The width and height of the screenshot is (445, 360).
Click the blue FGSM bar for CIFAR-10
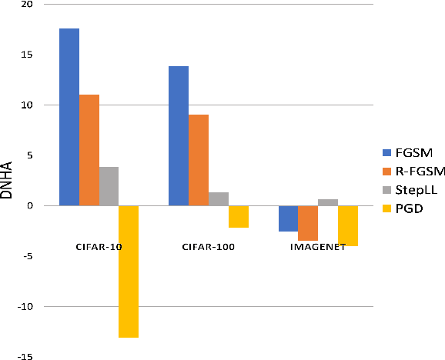tap(69, 117)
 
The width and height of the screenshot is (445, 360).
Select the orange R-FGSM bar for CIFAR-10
tap(89, 150)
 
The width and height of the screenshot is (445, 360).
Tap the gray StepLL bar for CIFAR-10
tap(109, 186)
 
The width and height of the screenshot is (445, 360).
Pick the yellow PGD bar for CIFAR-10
tap(129, 271)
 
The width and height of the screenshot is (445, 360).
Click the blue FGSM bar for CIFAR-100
tap(179, 136)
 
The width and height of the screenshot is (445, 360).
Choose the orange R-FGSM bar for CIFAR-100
tap(199, 160)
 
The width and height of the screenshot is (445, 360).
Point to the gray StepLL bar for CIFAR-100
tap(219, 198)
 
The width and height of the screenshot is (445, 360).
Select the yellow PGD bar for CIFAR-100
tap(239, 216)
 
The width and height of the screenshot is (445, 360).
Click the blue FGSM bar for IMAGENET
tap(288, 218)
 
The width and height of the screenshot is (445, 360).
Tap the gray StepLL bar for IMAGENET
tap(328, 202)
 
